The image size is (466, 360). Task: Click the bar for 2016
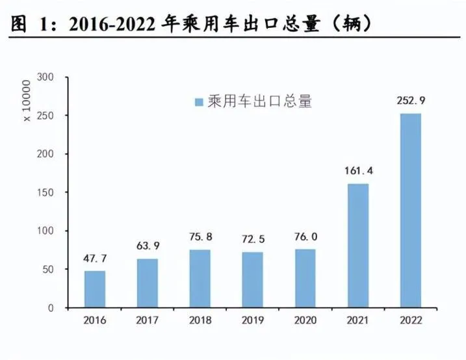point(95,289)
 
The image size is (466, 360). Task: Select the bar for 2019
point(253,279)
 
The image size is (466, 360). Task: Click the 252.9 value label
point(410,101)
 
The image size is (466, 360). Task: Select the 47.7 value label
point(95,259)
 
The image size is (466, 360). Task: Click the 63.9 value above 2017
point(148,246)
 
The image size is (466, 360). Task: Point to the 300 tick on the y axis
point(55,78)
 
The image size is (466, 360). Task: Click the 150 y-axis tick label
point(55,193)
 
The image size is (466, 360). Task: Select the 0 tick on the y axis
point(60,308)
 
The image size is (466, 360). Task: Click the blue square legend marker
point(199,103)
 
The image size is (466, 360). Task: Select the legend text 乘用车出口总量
point(260,102)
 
